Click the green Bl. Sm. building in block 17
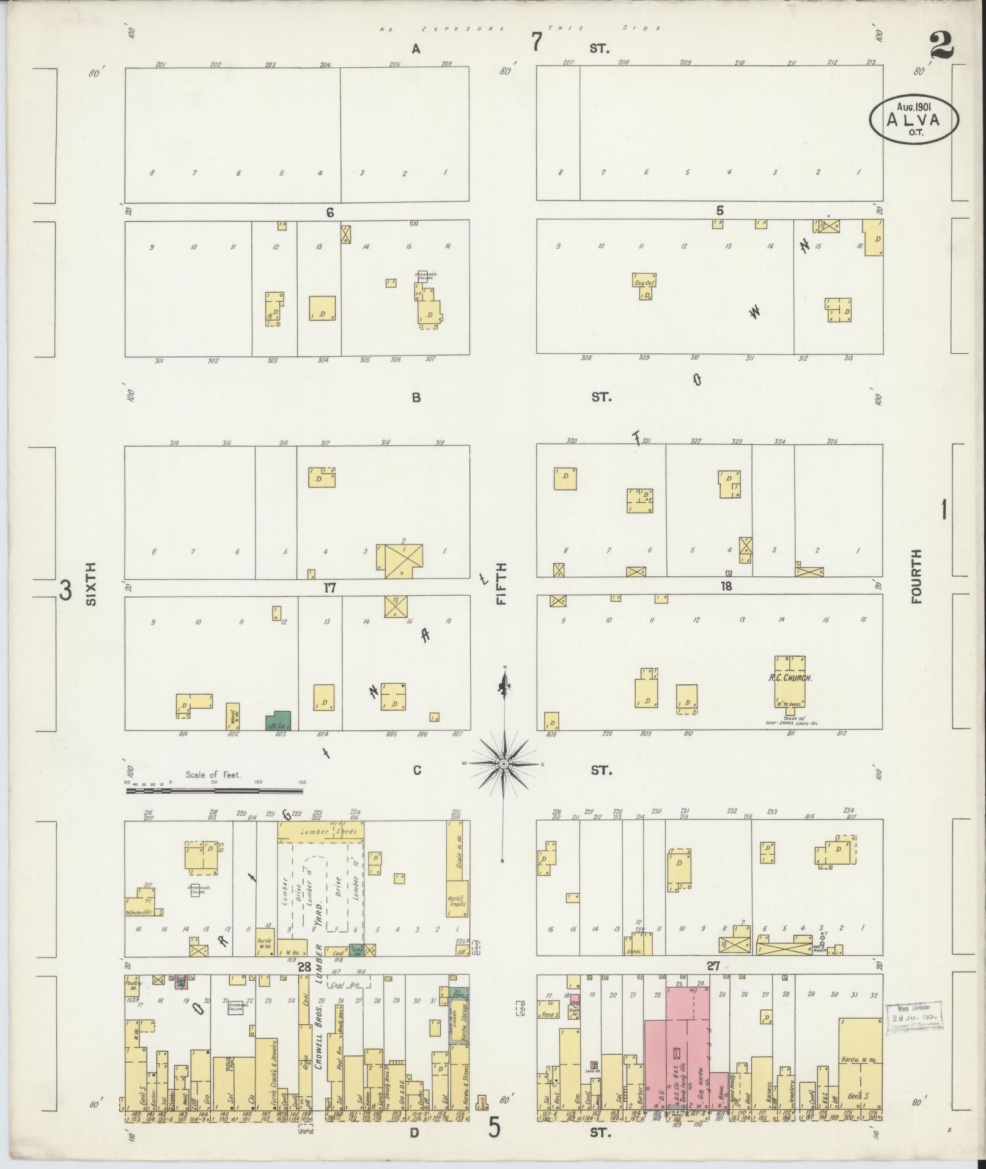point(278,721)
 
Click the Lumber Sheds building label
point(321,832)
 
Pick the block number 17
point(330,588)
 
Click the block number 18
point(726,587)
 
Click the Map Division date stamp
point(914,1016)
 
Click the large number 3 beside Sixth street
point(65,591)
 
